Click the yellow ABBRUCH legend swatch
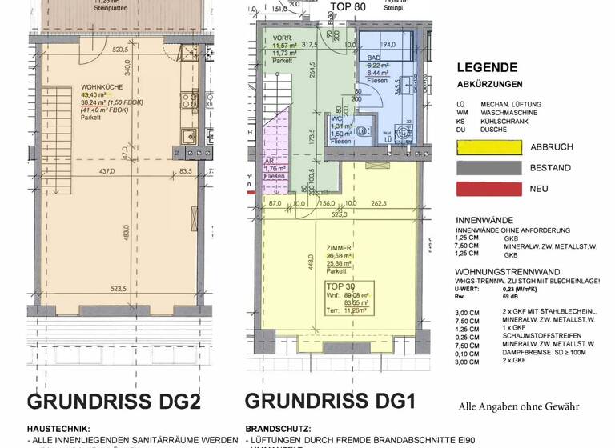pos(488,147)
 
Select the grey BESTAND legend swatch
pos(488,169)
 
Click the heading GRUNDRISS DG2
pos(113,402)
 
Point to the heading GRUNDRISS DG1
pos(330,401)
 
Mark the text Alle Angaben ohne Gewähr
pos(518,406)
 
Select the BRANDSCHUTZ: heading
pos(278,429)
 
